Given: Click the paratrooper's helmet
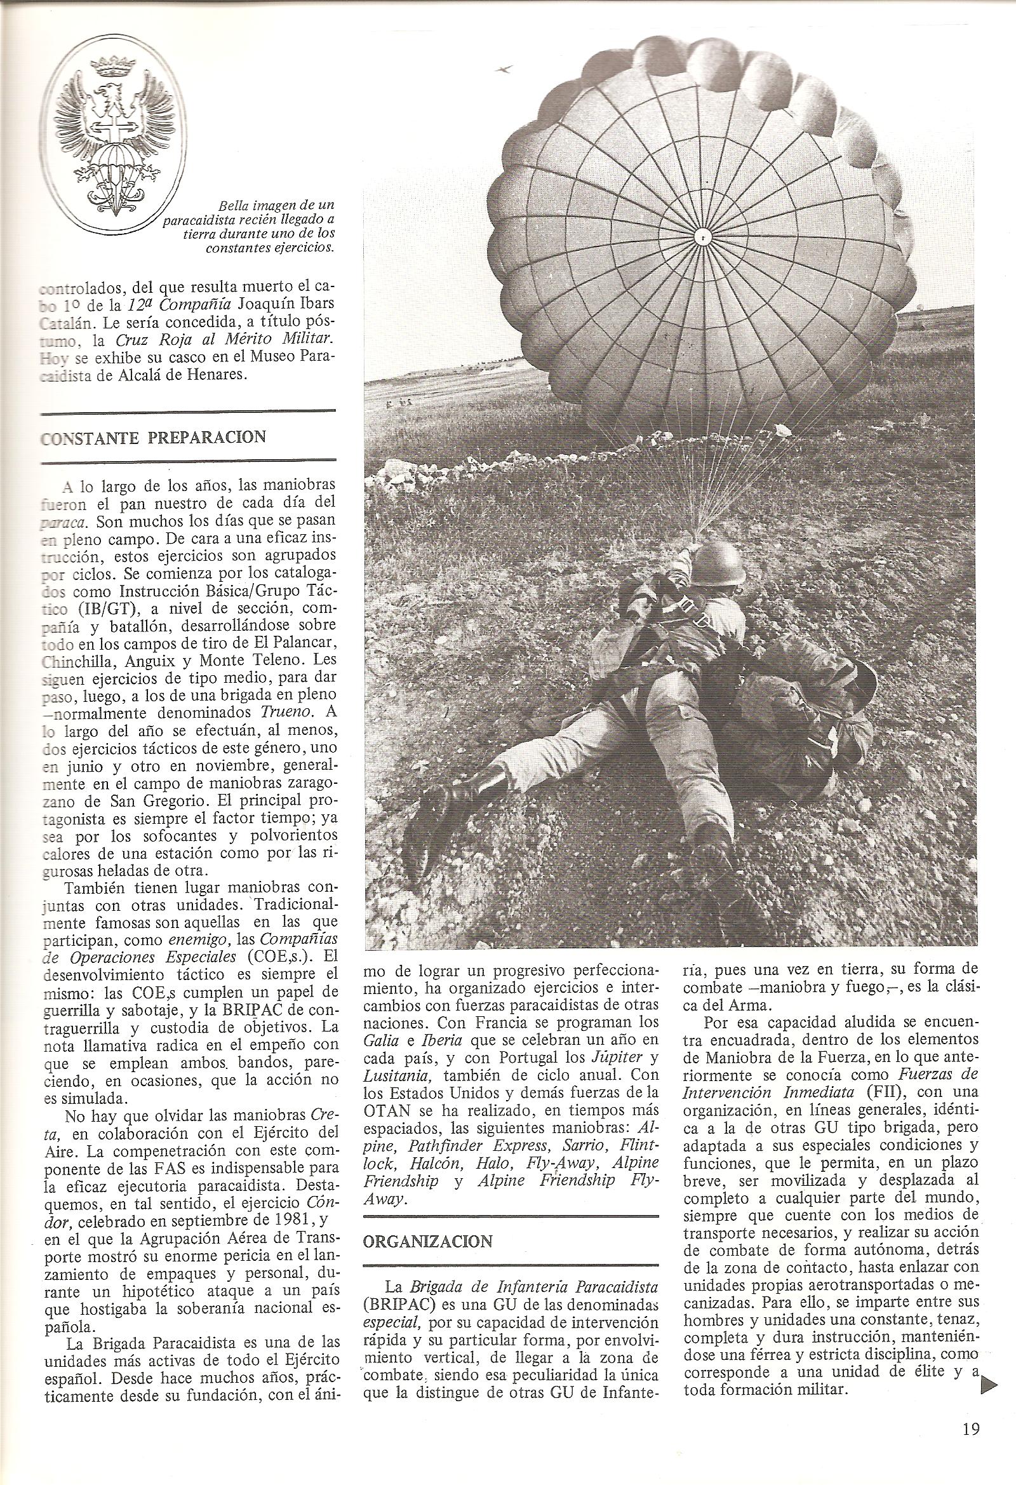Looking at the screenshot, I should (721, 563).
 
